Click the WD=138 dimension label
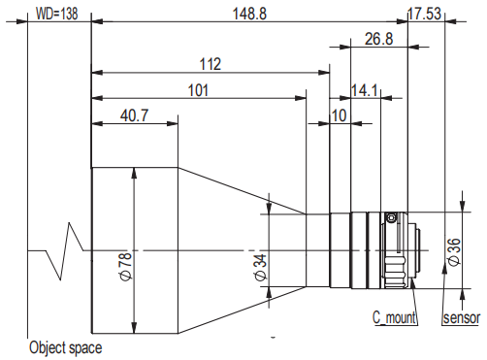coord(56,14)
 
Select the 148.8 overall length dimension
coord(249,14)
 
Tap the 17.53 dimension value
coord(424,14)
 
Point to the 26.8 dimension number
coord(379,39)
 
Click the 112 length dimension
coord(211,64)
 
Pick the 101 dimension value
coord(198,90)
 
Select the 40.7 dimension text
coord(134,115)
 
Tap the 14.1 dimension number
coord(364,90)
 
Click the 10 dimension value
coord(339,115)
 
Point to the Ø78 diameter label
coord(126,267)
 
